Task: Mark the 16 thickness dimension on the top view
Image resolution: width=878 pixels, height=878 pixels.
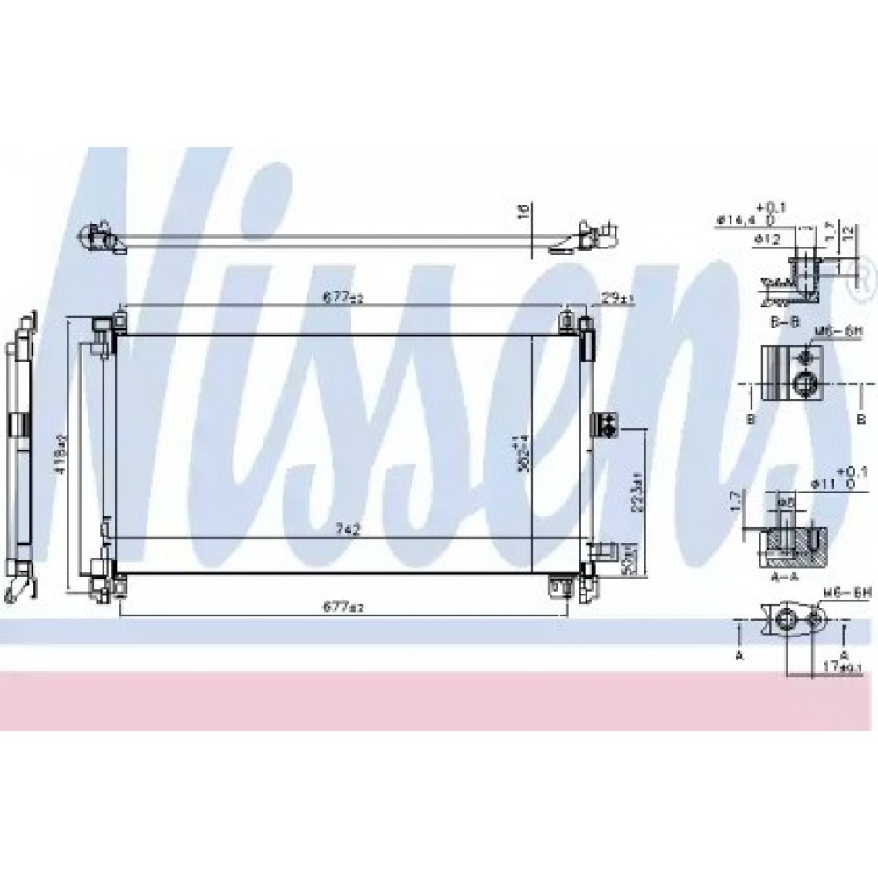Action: (524, 212)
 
